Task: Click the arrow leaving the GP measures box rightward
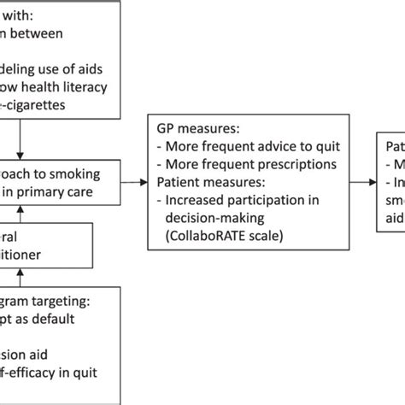coord(362,182)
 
